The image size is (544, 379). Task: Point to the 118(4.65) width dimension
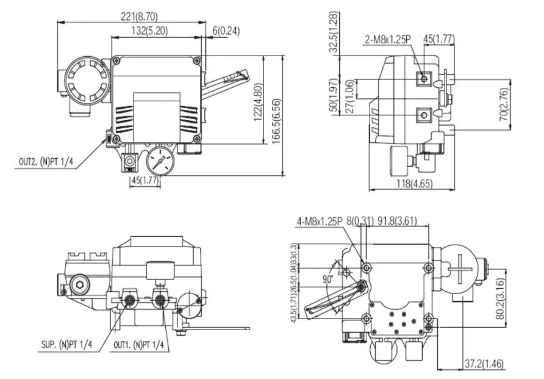tap(412, 183)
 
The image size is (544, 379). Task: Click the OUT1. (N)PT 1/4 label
tap(138, 345)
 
